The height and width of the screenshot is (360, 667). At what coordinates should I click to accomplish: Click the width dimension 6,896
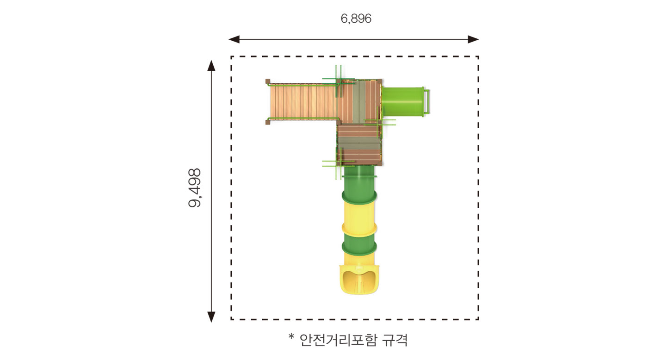point(356,19)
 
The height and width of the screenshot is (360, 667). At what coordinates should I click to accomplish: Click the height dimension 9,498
point(195,188)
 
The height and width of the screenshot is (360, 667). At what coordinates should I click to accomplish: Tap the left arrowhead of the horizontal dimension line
point(234,39)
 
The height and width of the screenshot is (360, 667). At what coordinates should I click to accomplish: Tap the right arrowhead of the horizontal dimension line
point(473,39)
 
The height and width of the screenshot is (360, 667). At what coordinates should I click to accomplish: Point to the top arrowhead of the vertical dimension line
point(211,66)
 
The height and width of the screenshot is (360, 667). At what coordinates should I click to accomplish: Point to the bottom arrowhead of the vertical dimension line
point(211,317)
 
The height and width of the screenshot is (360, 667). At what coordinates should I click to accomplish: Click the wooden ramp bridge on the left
point(303,101)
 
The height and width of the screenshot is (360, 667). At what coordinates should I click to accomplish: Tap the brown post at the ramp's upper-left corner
point(268,81)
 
